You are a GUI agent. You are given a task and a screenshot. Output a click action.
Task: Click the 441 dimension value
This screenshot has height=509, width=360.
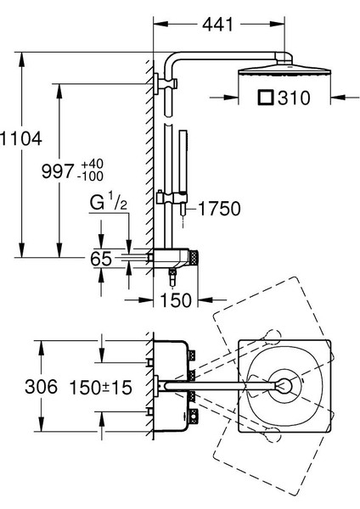click(217, 24)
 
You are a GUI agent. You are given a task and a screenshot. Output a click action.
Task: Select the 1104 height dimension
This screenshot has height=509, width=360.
click(20, 138)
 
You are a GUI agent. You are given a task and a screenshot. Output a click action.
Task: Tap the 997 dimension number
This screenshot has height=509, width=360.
click(59, 171)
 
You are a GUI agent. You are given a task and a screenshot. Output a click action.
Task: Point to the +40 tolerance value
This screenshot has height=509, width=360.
click(93, 165)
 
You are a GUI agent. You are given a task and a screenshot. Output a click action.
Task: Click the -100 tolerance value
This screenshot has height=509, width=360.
click(90, 176)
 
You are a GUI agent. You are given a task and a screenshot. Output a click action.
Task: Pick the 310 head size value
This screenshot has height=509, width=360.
click(295, 98)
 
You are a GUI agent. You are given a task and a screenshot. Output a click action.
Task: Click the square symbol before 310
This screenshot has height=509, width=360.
click(267, 98)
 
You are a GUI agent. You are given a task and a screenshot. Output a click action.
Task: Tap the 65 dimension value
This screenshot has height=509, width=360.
click(101, 259)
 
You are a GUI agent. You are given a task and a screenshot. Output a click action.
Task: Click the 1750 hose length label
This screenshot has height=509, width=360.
click(219, 209)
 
